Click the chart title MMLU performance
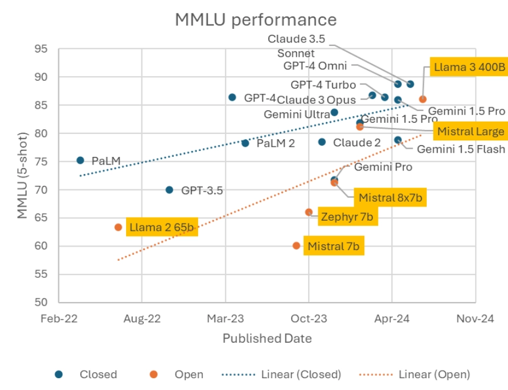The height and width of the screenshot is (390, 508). click(x=255, y=19)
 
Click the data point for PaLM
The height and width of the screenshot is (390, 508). click(x=80, y=160)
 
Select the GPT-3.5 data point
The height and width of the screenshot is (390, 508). click(x=169, y=190)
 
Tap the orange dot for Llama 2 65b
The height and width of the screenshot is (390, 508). click(x=118, y=227)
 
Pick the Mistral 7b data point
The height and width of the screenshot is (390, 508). click(x=296, y=245)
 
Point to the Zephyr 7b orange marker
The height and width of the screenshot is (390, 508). click(x=309, y=212)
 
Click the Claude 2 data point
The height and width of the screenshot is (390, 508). click(x=322, y=142)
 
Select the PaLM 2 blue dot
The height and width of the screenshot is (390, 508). click(x=245, y=143)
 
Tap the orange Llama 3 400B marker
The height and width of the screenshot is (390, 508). click(x=423, y=99)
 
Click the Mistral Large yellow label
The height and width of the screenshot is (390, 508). click(x=469, y=131)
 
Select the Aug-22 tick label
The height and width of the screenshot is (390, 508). click(x=142, y=319)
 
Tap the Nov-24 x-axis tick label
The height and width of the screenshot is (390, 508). click(x=475, y=319)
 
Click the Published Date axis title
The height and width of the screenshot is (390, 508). click(x=267, y=339)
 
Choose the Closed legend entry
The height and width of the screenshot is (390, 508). click(x=98, y=374)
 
